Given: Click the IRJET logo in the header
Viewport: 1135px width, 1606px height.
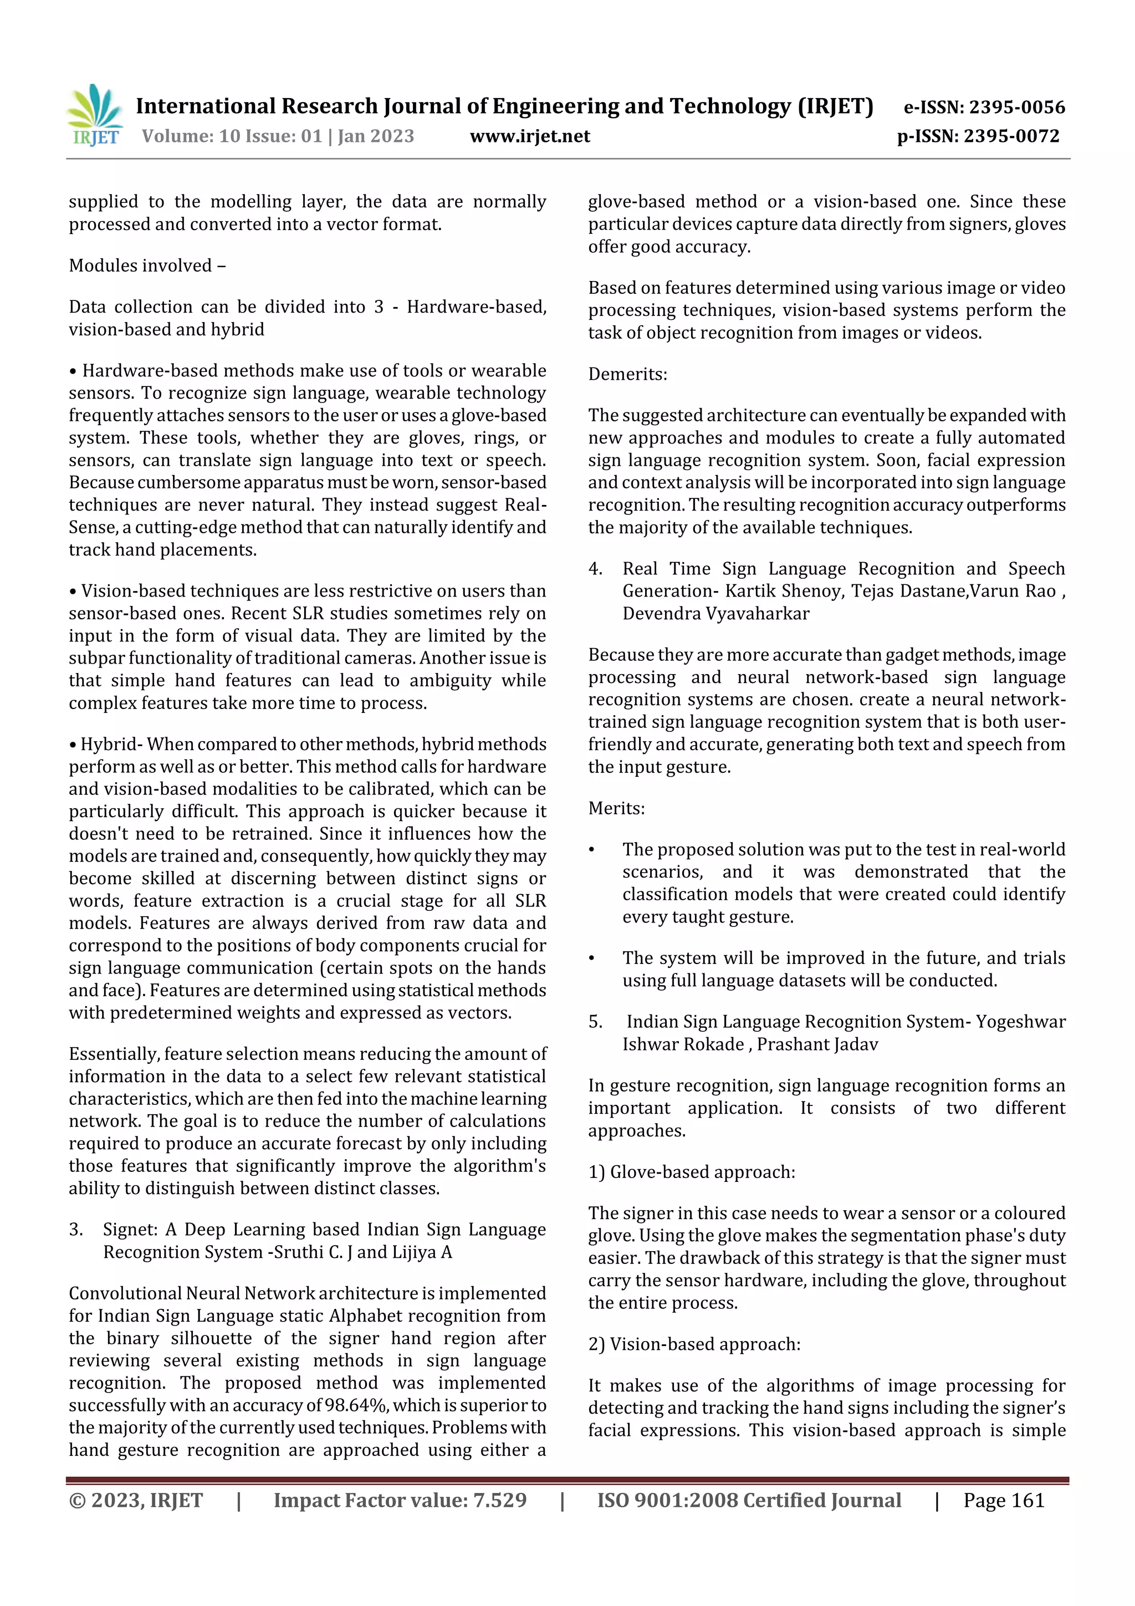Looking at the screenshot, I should coord(95,115).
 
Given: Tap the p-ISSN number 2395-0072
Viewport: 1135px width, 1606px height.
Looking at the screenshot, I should coord(1011,136).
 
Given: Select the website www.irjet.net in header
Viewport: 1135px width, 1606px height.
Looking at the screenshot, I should coord(529,136).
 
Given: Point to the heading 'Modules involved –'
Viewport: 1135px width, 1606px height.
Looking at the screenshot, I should coord(147,266).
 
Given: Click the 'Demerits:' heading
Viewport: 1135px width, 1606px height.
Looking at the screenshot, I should coord(627,374).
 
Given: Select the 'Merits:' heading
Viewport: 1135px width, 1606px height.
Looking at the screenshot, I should coord(616,809).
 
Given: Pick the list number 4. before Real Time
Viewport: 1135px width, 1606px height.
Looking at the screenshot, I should coord(595,569).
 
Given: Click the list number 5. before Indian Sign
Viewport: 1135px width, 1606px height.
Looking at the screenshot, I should coord(595,1022).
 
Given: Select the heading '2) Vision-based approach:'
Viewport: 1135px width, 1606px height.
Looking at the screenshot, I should coord(694,1344).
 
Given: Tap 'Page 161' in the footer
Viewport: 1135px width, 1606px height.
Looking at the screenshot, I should coord(1004,1500).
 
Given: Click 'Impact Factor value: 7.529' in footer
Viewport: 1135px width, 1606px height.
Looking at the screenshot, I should coord(400,1500).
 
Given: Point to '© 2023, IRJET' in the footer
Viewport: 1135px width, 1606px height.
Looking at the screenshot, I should coord(136,1500).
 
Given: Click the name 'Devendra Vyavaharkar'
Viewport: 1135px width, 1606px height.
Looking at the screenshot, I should coord(715,614).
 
